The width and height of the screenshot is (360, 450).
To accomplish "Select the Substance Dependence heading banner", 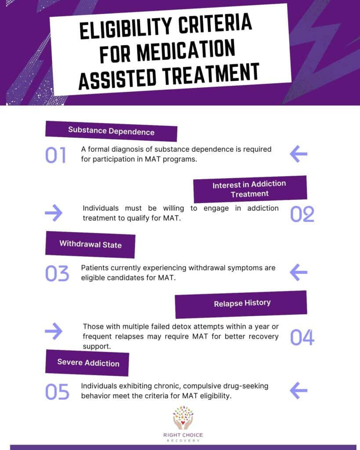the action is click(x=111, y=131).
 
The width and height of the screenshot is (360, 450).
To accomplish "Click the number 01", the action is click(x=56, y=155).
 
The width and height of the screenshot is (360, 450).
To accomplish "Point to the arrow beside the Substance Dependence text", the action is click(x=298, y=154).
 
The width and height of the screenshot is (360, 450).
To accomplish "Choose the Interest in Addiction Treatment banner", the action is click(x=250, y=189).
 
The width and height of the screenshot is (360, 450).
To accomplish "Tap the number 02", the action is click(x=302, y=214).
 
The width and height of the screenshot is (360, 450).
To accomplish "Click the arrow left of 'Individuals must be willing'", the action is click(x=54, y=213).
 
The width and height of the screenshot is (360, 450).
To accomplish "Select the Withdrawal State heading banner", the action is click(x=90, y=244).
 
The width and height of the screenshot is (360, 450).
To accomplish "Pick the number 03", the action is click(x=57, y=273).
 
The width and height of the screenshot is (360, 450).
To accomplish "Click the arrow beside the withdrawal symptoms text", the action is click(x=298, y=272).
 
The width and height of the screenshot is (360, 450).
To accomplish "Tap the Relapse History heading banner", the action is click(x=241, y=304).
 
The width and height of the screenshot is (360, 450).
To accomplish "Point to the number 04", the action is click(x=302, y=337).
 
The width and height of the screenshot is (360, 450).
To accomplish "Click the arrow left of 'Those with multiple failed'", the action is click(x=54, y=331).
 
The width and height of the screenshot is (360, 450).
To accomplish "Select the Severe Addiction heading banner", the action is click(x=87, y=363).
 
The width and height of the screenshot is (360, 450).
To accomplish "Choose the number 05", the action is click(x=57, y=392).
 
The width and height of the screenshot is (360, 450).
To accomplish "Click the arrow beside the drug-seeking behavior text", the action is click(x=298, y=391).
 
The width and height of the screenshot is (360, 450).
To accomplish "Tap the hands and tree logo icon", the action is click(x=183, y=417).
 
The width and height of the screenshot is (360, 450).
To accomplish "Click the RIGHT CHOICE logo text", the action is click(x=183, y=435).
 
